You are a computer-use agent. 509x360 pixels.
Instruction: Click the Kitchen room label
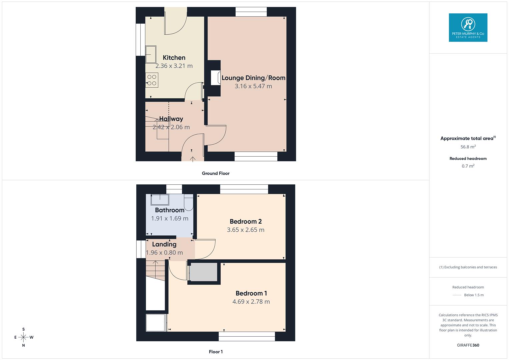174,58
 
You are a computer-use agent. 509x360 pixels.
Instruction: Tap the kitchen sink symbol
151,54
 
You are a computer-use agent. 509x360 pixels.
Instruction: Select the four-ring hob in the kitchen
152,80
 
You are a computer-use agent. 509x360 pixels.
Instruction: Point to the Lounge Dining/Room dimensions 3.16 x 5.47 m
253,86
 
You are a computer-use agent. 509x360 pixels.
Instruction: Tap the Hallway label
171,119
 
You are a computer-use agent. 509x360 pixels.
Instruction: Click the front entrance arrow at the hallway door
193,159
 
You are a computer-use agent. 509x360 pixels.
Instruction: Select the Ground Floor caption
216,173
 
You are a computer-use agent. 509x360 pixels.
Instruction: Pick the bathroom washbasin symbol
160,199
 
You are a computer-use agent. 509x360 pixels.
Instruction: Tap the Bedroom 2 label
246,222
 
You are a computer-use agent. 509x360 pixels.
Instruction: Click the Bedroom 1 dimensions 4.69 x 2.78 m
251,302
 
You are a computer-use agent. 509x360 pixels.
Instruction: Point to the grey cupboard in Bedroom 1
203,272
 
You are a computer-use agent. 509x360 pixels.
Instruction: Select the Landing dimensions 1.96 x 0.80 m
164,253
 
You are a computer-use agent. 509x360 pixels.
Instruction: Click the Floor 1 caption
216,352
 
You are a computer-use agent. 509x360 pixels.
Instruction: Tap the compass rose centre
23,337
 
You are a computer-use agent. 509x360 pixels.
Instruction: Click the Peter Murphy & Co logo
468,28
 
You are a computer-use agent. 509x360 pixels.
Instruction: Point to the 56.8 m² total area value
468,147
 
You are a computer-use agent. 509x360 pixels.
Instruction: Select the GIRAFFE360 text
468,345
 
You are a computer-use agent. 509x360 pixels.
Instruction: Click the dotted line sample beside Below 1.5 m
457,295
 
